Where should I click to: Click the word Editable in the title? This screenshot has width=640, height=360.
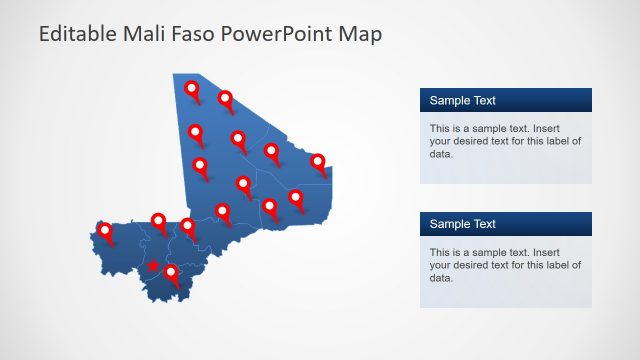click(79, 34)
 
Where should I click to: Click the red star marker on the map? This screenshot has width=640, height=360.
click(153, 266)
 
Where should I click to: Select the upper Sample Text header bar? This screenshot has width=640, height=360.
click(505, 100)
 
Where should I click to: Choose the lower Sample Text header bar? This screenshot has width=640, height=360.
click(505, 224)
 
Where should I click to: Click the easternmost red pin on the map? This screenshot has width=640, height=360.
click(318, 161)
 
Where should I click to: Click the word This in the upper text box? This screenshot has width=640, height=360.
click(440, 129)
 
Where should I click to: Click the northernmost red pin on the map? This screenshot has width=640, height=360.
click(193, 90)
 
